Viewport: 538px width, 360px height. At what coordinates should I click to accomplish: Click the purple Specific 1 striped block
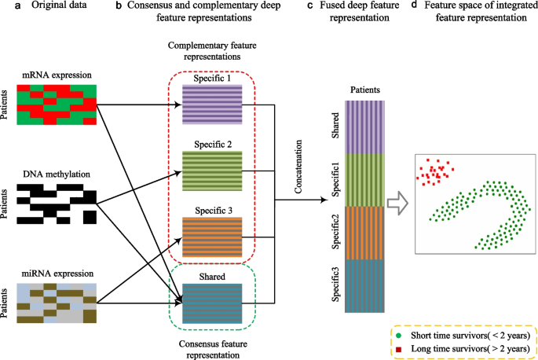click(213, 105)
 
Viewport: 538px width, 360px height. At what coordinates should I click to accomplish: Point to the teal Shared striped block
click(213, 303)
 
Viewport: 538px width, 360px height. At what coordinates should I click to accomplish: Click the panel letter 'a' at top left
click(5, 6)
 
